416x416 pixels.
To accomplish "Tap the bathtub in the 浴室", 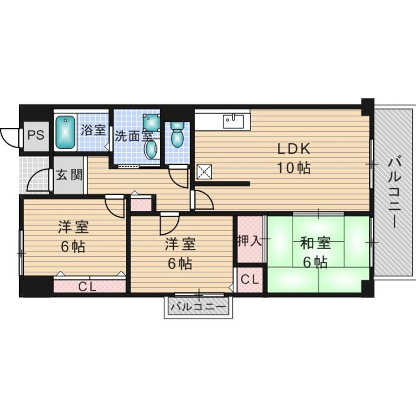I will click(x=65, y=133).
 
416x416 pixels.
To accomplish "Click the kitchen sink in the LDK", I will click(x=231, y=121).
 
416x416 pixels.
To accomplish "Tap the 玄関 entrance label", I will click(x=69, y=175).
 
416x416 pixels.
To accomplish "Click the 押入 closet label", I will click(x=250, y=241).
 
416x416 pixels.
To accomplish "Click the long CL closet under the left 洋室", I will click(x=88, y=286).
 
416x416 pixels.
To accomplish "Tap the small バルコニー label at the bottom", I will click(x=198, y=308).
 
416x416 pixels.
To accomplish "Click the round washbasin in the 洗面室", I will click(x=151, y=149).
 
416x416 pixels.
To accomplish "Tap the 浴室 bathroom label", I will click(x=93, y=130).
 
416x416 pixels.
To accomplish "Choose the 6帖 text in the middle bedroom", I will click(x=180, y=263).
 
